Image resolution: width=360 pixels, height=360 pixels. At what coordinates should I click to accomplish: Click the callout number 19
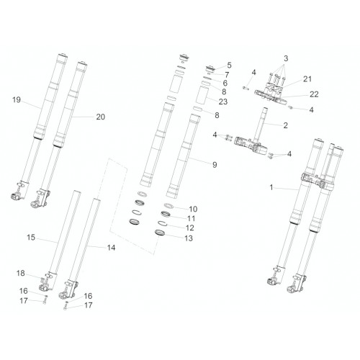tap(17, 99)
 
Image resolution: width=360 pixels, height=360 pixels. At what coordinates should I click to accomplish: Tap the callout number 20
tap(101, 117)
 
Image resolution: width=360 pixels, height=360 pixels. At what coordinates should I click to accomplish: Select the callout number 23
tap(222, 102)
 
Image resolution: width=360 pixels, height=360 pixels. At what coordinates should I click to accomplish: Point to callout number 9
tap(215, 165)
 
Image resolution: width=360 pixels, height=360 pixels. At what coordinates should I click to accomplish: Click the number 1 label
tap(271, 187)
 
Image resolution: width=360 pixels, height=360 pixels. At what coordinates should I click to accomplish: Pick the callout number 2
tap(285, 125)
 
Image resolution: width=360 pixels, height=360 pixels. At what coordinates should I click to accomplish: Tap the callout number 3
tap(286, 58)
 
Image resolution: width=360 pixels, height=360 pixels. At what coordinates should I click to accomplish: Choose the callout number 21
tap(307, 79)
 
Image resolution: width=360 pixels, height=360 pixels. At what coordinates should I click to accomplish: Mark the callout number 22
tap(314, 94)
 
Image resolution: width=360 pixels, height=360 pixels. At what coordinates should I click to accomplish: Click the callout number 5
tap(229, 65)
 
